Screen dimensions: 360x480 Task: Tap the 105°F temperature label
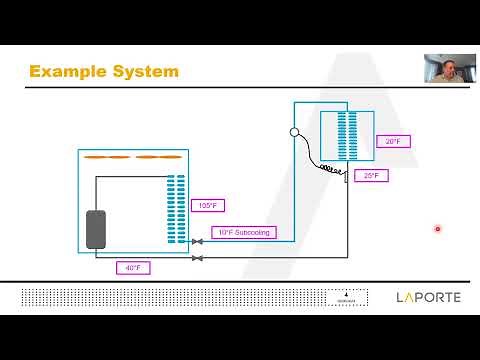(x=207, y=206)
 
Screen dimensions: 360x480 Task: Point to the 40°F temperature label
(x=131, y=268)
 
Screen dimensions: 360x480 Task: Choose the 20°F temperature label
(x=393, y=141)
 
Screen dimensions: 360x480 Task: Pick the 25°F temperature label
(x=370, y=175)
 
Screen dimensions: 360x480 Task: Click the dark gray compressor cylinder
(x=97, y=229)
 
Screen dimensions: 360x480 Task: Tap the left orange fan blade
(x=106, y=158)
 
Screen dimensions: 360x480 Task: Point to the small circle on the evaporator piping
(x=295, y=131)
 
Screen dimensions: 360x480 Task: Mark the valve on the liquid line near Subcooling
(x=197, y=242)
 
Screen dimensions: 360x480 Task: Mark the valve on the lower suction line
(x=197, y=258)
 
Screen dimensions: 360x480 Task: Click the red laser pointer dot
(x=438, y=229)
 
